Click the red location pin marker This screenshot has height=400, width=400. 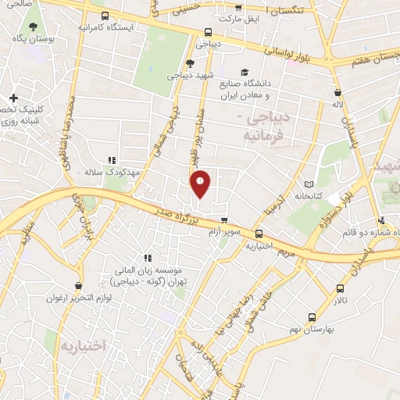201,183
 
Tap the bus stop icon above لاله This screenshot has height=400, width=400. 337,91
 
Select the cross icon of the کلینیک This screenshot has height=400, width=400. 13,98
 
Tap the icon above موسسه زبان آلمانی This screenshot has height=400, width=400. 146,259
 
